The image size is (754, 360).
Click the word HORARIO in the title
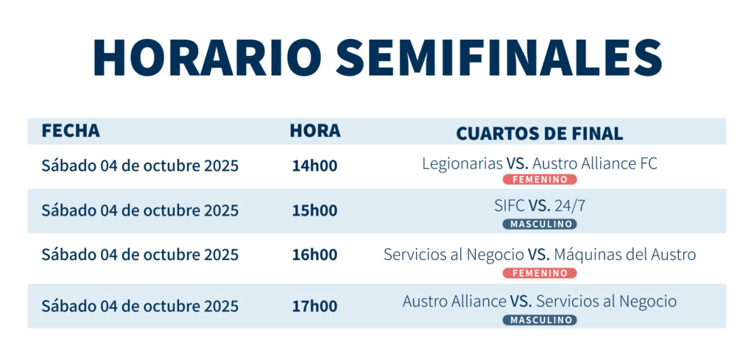click(207, 57)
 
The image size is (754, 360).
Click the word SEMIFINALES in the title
click(499, 57)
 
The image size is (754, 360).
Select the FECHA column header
click(71, 131)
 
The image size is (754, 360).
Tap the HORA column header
click(315, 131)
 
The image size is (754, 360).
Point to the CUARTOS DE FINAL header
click(540, 133)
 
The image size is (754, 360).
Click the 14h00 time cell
click(315, 166)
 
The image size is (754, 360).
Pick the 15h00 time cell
click(315, 211)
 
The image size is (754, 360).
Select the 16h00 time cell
click(315, 255)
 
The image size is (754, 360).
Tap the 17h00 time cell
click(315, 306)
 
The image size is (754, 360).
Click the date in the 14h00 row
click(140, 166)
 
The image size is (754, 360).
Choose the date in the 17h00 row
click(140, 306)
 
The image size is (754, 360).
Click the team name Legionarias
click(462, 164)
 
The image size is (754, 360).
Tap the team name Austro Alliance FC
click(595, 164)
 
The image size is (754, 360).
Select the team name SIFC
click(510, 205)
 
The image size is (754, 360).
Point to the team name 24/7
click(570, 205)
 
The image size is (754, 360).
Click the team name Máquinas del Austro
click(625, 254)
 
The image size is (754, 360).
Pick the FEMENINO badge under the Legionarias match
click(540, 180)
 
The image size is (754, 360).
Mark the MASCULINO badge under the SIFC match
click(540, 224)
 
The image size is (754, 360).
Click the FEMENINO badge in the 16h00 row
click(540, 273)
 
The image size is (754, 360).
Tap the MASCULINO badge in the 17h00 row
click(540, 320)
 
